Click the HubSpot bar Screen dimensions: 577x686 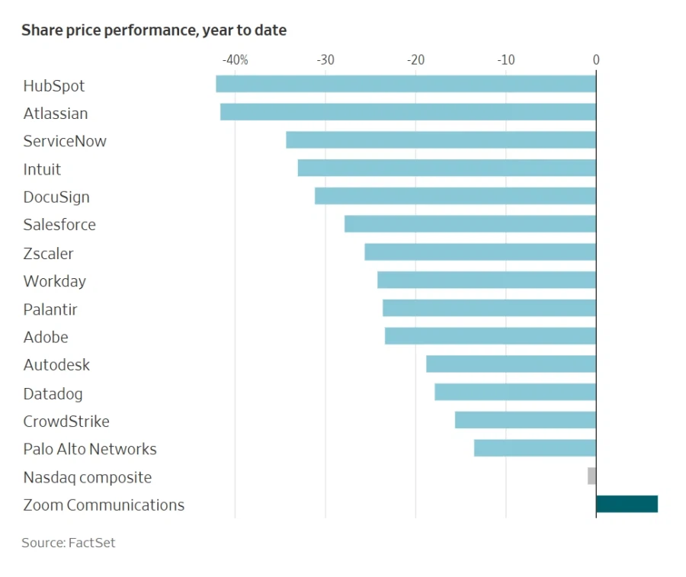(x=406, y=84)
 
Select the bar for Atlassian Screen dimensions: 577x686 (x=408, y=112)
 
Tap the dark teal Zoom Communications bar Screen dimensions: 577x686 (x=627, y=504)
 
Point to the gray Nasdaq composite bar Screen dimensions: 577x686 (x=591, y=476)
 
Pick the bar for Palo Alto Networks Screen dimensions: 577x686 (x=534, y=448)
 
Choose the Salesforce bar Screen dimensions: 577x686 (x=470, y=224)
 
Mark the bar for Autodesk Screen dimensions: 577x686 (x=511, y=364)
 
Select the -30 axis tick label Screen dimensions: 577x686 (x=325, y=60)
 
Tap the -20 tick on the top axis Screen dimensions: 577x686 (x=415, y=60)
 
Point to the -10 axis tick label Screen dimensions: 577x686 (x=505, y=60)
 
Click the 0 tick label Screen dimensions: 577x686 (x=596, y=60)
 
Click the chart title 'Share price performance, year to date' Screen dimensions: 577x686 (x=154, y=30)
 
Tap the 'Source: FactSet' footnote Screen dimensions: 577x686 (x=69, y=543)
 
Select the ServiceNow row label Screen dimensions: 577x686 (x=65, y=141)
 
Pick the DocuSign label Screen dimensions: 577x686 (x=56, y=197)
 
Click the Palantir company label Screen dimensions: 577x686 (x=50, y=309)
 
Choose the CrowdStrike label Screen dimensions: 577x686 (x=66, y=422)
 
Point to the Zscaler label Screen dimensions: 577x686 (x=48, y=253)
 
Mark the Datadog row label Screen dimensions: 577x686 (x=53, y=393)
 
